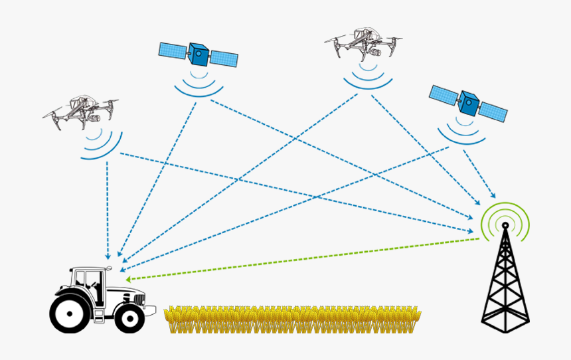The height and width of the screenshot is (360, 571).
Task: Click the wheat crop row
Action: pos(292,319)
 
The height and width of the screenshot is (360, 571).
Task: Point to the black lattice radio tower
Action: pos(505,286)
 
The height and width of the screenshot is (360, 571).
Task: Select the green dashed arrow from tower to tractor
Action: pos(299,259)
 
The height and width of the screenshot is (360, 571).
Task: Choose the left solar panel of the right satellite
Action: pos(444,96)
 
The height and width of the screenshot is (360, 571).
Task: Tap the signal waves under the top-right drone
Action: pos(367,76)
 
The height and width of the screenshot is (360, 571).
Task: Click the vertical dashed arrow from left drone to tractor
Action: pos(108,206)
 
